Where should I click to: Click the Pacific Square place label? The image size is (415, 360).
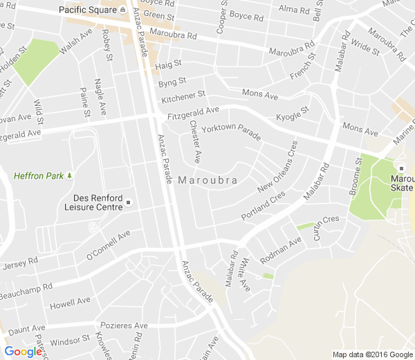tap(87, 10)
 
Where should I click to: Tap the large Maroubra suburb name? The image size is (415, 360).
tap(207, 180)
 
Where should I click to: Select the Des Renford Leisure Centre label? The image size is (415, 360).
tap(93, 201)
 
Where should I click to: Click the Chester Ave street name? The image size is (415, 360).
tap(194, 142)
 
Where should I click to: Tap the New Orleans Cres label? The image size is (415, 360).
tap(277, 167)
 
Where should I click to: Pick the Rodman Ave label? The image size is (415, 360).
tap(281, 250)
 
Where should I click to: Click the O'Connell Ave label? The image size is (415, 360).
tap(108, 246)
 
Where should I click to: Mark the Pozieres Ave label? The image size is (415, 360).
tap(124, 325)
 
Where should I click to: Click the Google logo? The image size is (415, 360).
tap(23, 352)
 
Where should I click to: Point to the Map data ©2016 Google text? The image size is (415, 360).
tap(371, 354)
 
